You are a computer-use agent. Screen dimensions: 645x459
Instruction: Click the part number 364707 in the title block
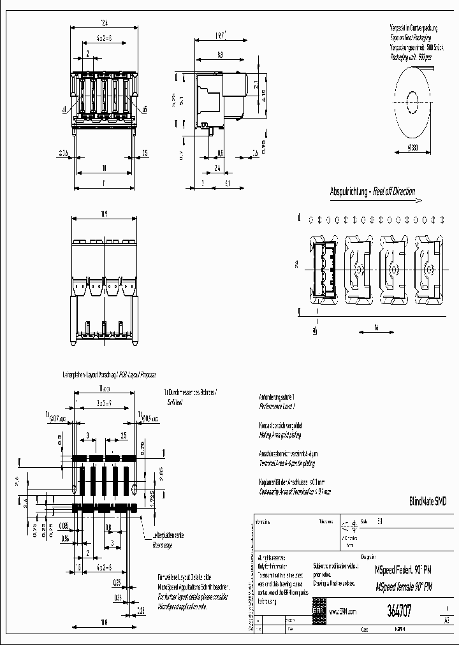[x=398, y=611]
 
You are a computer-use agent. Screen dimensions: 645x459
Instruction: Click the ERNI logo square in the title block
[x=318, y=611]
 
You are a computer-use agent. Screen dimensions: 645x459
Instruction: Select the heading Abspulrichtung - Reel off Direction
[x=372, y=191]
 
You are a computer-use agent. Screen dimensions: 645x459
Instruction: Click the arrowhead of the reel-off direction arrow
[x=418, y=201]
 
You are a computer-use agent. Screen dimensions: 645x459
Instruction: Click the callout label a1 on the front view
[x=65, y=110]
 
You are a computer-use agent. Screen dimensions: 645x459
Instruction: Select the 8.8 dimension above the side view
[x=221, y=55]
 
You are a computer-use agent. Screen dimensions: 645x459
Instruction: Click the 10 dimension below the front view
[x=103, y=168]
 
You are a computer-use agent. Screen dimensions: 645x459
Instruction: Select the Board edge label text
[x=163, y=545]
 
